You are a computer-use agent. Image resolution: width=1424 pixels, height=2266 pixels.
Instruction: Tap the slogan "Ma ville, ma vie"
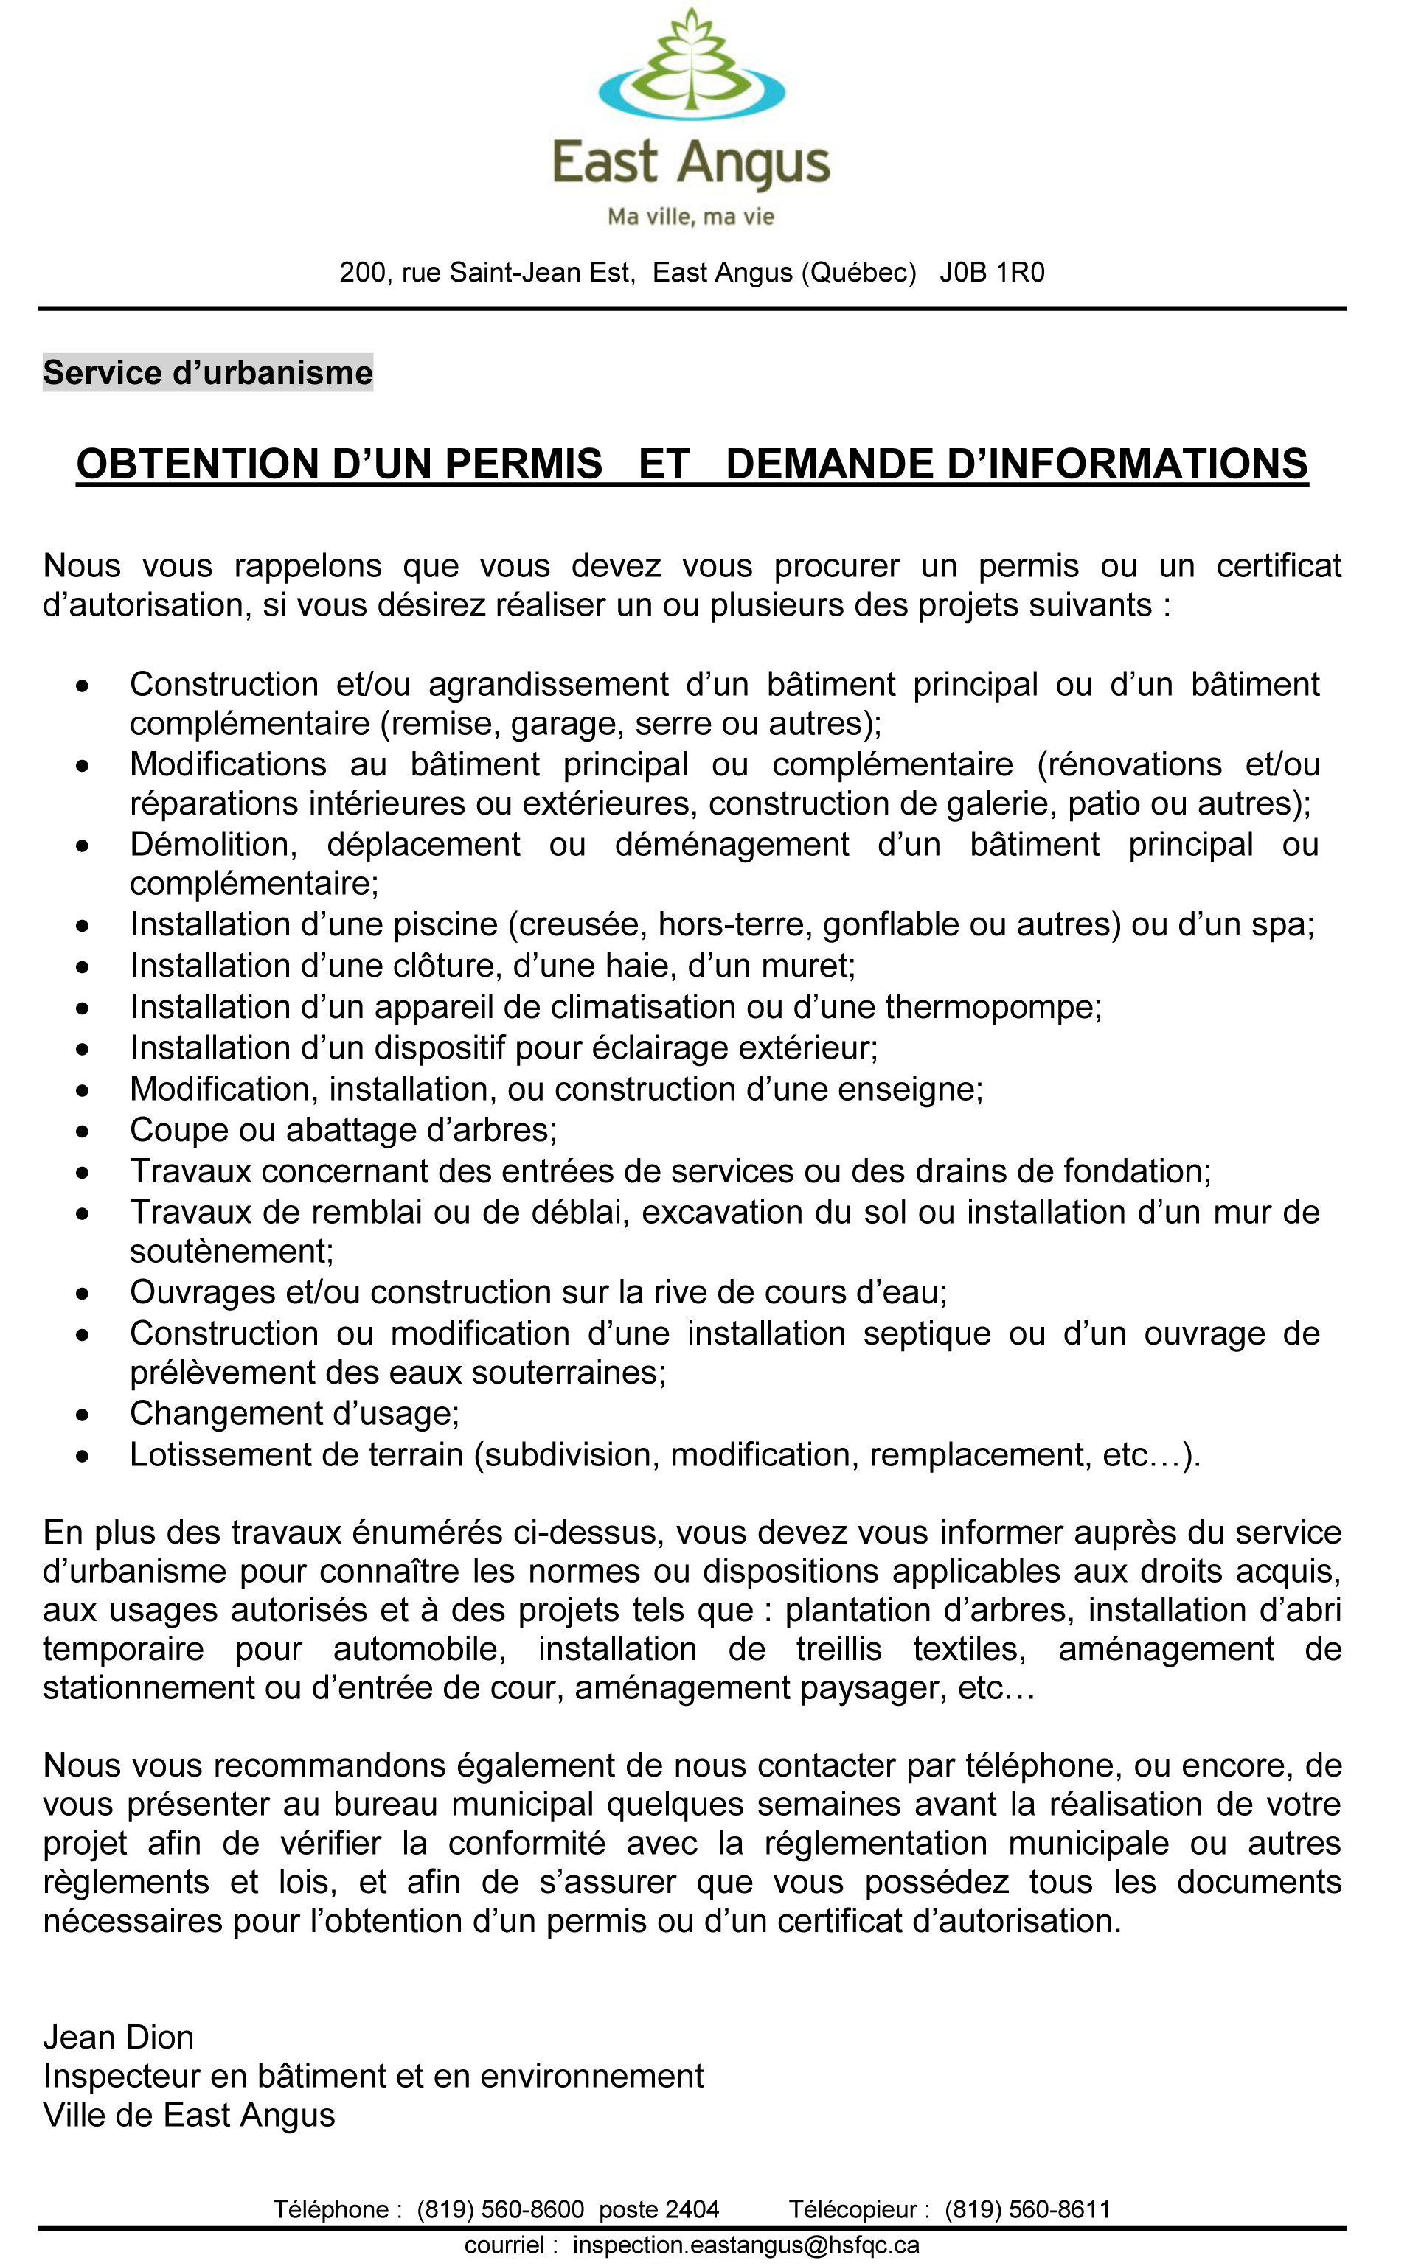(x=691, y=217)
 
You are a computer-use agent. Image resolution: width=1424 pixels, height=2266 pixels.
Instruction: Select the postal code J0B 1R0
(x=992, y=273)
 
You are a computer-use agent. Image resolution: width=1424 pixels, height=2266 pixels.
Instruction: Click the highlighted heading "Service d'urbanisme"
(x=208, y=373)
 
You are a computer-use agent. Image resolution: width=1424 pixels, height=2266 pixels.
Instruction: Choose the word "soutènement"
(x=232, y=1252)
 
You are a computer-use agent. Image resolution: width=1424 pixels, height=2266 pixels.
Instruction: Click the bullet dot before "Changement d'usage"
(x=84, y=1415)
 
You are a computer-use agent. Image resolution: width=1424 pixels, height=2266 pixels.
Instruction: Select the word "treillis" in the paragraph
(x=838, y=1650)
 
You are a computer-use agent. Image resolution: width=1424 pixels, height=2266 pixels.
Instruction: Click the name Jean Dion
(x=119, y=2037)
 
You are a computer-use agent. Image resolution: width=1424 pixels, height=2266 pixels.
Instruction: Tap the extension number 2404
(x=690, y=2209)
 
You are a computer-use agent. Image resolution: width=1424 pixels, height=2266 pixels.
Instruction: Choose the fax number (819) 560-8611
(x=1028, y=2209)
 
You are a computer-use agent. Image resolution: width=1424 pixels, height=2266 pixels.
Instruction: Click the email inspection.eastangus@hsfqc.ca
(x=746, y=2245)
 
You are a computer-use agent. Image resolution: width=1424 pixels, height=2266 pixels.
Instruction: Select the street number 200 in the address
(x=362, y=273)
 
